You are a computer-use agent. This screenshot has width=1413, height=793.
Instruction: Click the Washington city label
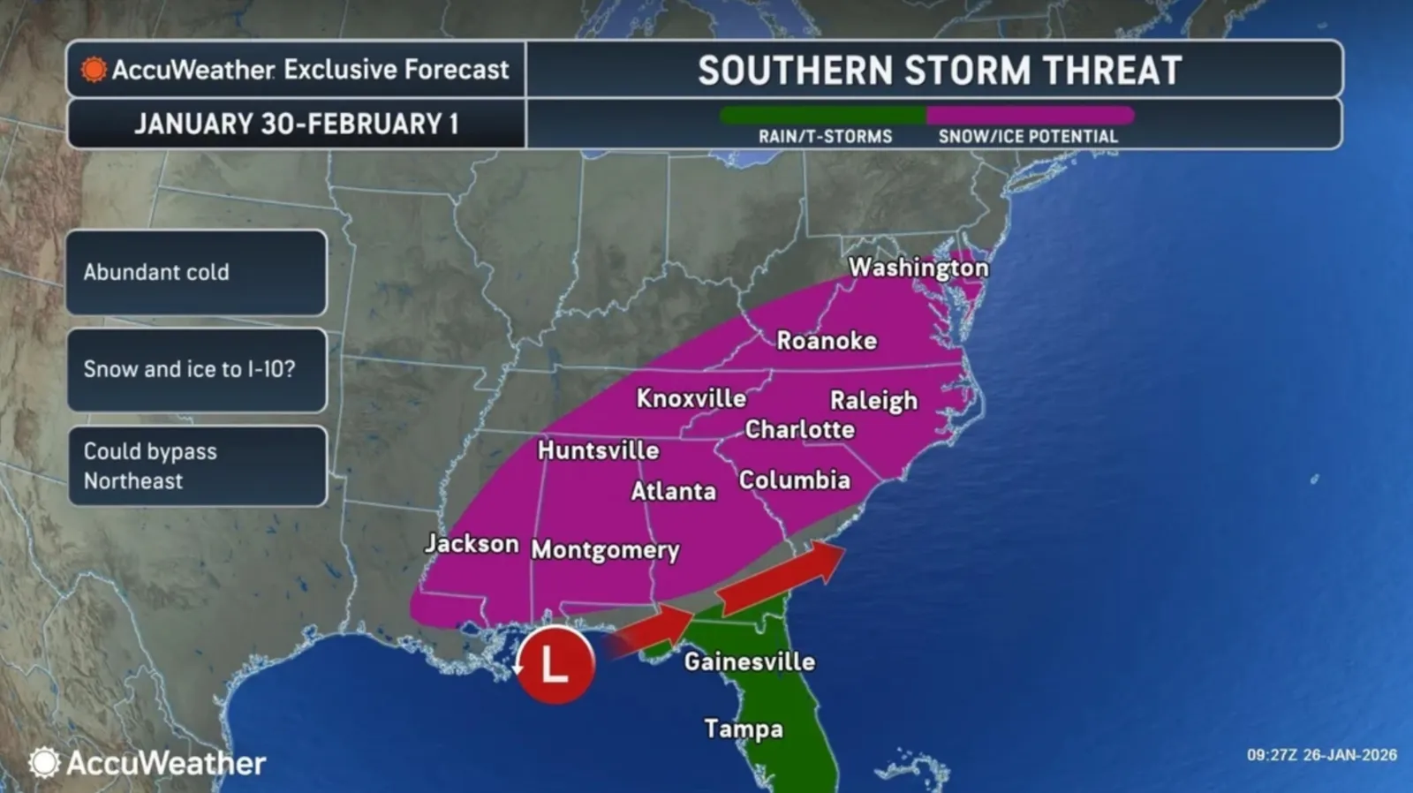coord(918,267)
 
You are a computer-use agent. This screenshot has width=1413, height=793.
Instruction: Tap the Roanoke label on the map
coord(827,340)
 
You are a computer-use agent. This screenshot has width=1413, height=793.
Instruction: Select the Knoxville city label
coord(691,398)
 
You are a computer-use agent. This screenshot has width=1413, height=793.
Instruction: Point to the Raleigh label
coord(873,400)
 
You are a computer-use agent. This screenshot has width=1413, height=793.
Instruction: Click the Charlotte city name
coord(799,429)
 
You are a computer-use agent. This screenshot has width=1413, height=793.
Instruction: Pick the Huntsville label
coord(598,450)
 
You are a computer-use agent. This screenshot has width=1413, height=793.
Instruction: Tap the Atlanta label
coord(673,491)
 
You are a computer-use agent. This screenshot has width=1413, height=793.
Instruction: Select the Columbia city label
coord(794,480)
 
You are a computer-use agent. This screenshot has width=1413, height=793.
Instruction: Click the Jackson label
coord(472,543)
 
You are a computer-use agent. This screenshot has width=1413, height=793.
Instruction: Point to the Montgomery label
coord(605,549)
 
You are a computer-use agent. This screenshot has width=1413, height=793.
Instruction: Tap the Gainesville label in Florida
coord(749,661)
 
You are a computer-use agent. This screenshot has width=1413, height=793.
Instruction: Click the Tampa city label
coord(743,729)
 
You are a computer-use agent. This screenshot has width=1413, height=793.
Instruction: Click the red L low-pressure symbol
coord(555,665)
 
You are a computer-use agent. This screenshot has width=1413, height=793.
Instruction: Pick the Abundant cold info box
coord(196,272)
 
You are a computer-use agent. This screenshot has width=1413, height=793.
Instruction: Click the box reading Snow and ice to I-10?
coord(196,369)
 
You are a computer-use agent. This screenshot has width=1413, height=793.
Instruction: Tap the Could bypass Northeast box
coord(196,465)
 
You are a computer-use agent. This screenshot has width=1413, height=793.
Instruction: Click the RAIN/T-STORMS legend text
coord(825,136)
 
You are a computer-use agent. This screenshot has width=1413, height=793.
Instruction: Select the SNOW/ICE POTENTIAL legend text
coord(1027,136)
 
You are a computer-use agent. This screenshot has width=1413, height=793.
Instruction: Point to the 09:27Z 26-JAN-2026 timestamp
coord(1321,755)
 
